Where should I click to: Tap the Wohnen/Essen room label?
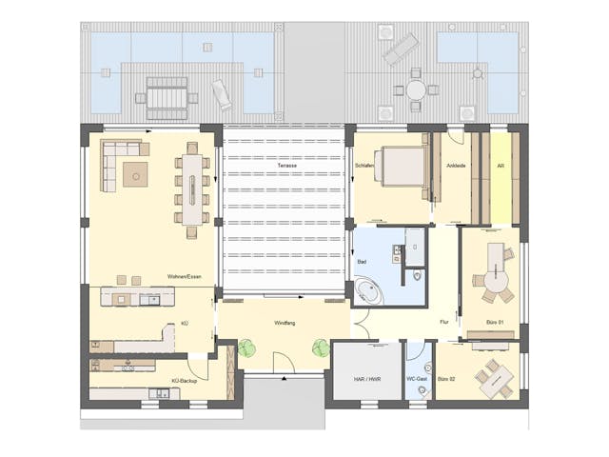coord(185,277)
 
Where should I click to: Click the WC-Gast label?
coord(417,378)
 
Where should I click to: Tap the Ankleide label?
coord(457,167)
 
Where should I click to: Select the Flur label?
coord(443,323)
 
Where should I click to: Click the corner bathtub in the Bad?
coord(368,290)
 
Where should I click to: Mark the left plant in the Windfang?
coord(247,348)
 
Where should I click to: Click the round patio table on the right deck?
coord(416,89)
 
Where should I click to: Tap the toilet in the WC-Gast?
coord(417,363)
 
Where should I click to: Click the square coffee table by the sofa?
coord(134,173)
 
